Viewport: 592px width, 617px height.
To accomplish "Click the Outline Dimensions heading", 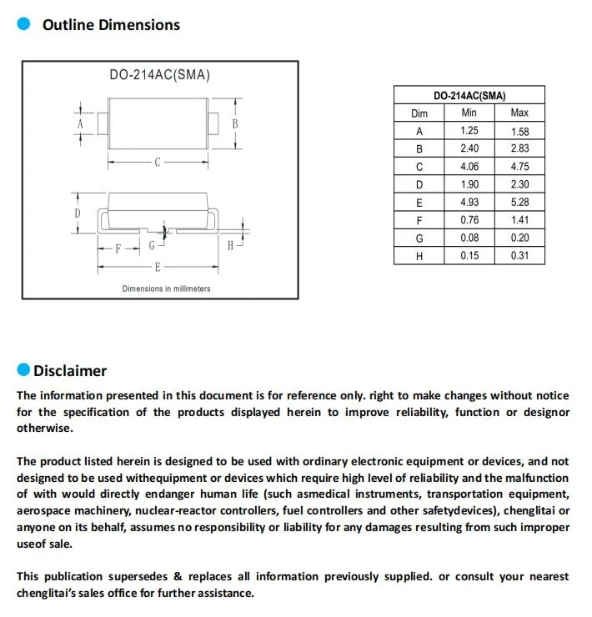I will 111,25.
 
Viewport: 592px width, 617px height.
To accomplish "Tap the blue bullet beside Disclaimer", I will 23,370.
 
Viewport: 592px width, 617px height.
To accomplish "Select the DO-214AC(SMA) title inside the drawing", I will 159,75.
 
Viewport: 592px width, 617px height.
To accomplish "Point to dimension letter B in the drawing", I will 235,123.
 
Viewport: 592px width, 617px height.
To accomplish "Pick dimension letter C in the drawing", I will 157,163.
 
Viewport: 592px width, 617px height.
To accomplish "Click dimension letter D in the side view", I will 77,213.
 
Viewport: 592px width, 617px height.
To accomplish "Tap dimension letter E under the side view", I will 157,268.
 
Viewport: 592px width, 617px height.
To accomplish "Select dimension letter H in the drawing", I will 230,245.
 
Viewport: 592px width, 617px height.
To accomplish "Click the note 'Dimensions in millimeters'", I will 166,288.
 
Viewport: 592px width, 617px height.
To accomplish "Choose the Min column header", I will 469,113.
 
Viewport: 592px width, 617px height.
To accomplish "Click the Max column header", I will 519,113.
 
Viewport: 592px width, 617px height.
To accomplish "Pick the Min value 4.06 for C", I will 469,167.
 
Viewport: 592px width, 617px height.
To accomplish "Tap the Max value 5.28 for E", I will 519,203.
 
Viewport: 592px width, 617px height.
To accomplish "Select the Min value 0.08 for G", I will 469,238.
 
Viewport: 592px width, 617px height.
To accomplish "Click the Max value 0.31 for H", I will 519,256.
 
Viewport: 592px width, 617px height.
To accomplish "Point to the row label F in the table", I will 419,221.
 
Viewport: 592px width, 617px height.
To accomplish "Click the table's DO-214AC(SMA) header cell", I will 469,95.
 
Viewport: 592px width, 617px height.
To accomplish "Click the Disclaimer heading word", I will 70,371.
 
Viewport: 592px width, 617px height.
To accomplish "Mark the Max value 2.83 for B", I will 519,148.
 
